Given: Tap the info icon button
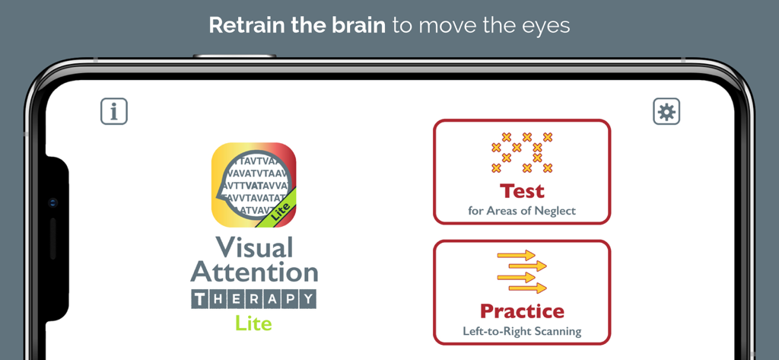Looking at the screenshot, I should tap(114, 112).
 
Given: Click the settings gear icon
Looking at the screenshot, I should tap(666, 112).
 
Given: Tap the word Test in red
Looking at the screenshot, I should tap(522, 190).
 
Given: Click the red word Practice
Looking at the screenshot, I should tap(522, 311).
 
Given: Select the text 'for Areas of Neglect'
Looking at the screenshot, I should tap(522, 211).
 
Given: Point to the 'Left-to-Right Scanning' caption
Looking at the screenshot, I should tap(522, 331).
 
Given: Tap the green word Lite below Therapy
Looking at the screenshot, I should tap(253, 323).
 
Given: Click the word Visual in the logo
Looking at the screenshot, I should tap(254, 247).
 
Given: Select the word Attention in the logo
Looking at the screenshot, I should tap(254, 272).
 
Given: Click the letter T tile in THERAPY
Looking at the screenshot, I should tap(199, 299).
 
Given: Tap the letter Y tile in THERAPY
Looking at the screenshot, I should tap(307, 299).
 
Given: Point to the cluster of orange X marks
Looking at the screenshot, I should tap(522, 152).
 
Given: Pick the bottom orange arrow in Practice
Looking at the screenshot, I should tap(527, 288).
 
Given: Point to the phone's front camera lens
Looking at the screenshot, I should tap(52, 203).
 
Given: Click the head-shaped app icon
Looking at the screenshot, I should tap(253, 185).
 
